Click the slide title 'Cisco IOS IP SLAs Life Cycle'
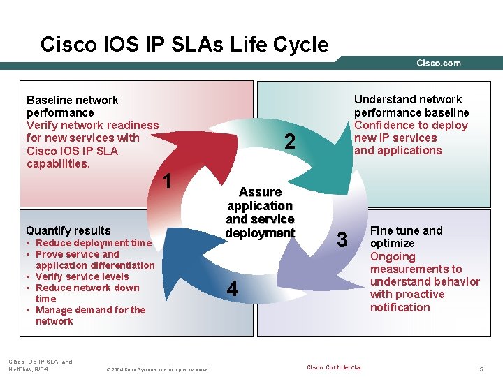(184, 45)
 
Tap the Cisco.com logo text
(439, 63)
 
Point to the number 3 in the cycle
(342, 239)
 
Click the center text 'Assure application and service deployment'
(260, 212)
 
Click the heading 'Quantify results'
(68, 230)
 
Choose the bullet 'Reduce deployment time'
(93, 243)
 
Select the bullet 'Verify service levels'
(82, 276)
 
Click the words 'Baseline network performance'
(72, 106)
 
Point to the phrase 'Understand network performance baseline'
(411, 105)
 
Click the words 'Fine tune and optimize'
(406, 237)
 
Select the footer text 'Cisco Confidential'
(334, 367)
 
